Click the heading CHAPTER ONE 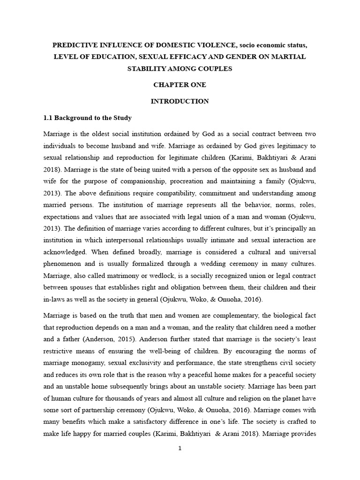pyautogui.click(x=180, y=85)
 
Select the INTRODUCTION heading pyautogui.click(x=180, y=101)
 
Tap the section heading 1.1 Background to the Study pyautogui.click(x=88, y=118)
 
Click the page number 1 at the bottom pyautogui.click(x=180, y=448)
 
